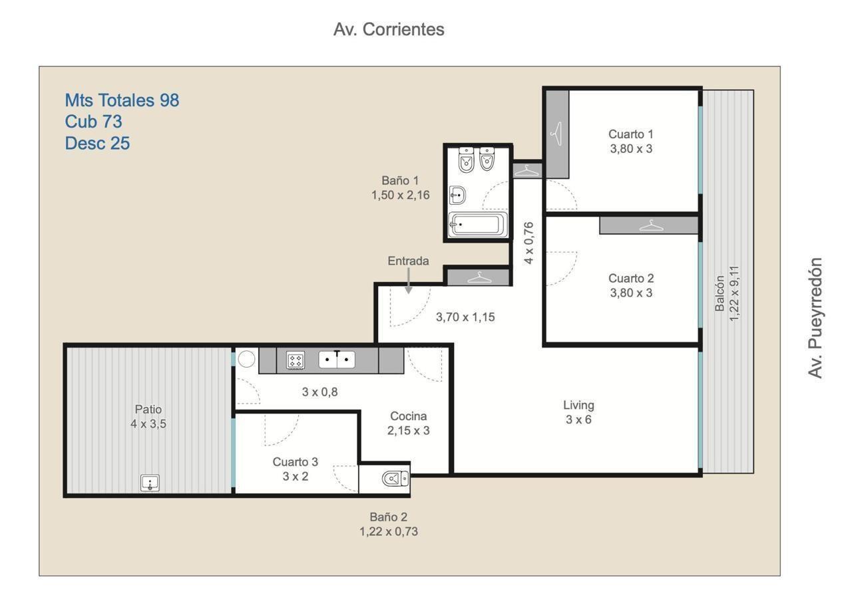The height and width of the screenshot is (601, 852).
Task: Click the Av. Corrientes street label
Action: (389, 30)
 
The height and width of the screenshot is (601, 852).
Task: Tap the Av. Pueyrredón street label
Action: (815, 318)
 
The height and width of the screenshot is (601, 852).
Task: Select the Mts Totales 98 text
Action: (122, 100)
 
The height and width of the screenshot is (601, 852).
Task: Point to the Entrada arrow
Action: (409, 281)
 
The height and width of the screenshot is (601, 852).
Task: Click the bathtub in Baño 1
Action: (478, 224)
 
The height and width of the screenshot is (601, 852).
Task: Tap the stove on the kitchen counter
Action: (295, 360)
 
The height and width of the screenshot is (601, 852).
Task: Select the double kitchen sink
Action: (337, 359)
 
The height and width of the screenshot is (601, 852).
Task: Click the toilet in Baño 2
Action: (395, 478)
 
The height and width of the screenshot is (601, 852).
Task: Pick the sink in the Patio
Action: (150, 483)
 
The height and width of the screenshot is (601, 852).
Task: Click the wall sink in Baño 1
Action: (457, 195)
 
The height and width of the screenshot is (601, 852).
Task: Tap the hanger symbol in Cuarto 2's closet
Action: (651, 225)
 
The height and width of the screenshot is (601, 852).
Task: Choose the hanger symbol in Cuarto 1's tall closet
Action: (556, 134)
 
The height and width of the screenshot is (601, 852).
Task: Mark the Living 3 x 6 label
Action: (578, 412)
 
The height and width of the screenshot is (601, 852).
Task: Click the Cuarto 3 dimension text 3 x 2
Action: (295, 477)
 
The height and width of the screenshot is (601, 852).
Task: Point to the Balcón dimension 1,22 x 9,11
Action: (734, 293)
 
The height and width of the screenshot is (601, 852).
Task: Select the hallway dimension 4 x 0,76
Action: (529, 243)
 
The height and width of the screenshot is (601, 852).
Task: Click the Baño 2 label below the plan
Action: (388, 517)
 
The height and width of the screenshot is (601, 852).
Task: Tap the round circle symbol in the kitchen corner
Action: (246, 359)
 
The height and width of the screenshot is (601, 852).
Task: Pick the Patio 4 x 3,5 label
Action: (148, 416)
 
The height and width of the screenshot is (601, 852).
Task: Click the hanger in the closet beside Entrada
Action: (479, 277)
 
